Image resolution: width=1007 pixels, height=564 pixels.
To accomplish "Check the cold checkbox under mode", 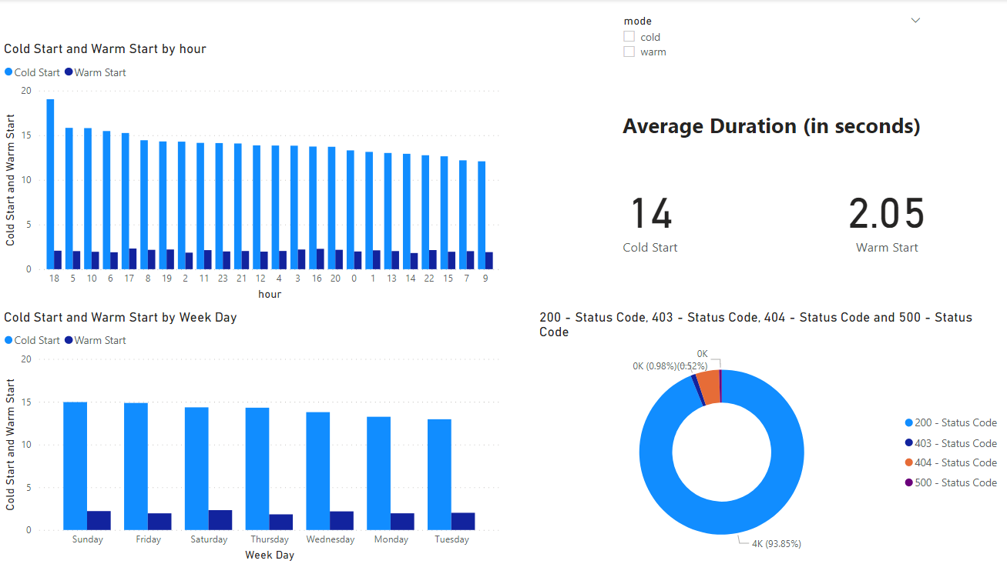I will tap(629, 37).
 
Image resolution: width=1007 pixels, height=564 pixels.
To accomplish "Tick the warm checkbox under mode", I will tap(629, 52).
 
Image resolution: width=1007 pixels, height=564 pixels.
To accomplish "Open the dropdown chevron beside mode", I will tap(915, 21).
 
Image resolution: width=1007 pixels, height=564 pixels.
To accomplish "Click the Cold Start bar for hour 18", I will tap(50, 185).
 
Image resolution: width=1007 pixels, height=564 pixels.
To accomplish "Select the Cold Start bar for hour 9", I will tap(481, 215).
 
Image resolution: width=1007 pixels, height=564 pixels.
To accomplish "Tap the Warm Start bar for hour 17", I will tap(133, 259).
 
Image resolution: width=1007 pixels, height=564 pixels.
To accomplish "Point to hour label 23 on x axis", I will tap(223, 279).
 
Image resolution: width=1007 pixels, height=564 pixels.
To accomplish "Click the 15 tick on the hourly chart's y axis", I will tap(26, 136).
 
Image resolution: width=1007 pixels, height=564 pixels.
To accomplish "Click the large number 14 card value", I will tap(651, 214).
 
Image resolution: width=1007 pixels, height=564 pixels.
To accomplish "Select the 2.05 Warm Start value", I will tap(886, 214).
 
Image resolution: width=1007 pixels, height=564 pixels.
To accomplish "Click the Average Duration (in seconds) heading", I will tap(771, 127).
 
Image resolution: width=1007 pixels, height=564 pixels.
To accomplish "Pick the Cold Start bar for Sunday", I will tap(75, 466).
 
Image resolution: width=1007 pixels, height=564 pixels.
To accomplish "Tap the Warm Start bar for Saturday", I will tap(220, 520).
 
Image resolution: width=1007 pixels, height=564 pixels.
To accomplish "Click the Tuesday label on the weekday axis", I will tap(451, 539).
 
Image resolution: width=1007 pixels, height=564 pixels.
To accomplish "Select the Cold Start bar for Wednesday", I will tap(317, 471).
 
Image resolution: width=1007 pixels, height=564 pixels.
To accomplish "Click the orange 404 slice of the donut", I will tap(709, 387).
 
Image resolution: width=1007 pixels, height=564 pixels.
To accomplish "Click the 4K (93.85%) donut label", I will tap(776, 544).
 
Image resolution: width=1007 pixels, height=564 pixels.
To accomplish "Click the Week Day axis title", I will tap(269, 555).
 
